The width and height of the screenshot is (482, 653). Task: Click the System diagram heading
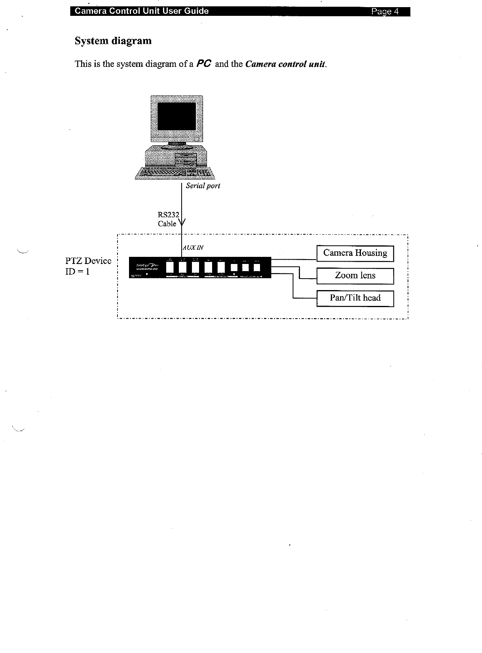coord(113,41)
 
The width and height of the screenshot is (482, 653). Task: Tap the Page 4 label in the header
coord(385,11)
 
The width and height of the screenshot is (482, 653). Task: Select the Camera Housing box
coord(355,253)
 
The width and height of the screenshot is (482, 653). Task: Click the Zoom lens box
coord(355,276)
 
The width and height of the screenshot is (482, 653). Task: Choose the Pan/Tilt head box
coord(355,298)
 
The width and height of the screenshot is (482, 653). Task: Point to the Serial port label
coord(203,186)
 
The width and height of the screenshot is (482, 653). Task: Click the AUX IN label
coord(193,248)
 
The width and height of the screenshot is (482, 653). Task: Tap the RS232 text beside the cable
coord(168,215)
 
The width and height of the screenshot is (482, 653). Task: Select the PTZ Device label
coord(88,261)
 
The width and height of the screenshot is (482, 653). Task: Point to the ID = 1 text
coord(78,272)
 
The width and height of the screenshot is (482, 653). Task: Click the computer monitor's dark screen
coord(176,116)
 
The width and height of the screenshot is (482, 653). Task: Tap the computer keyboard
coord(174,173)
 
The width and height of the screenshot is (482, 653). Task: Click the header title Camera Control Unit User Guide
coord(142,11)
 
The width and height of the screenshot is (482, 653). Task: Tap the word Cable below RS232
coord(167,224)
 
